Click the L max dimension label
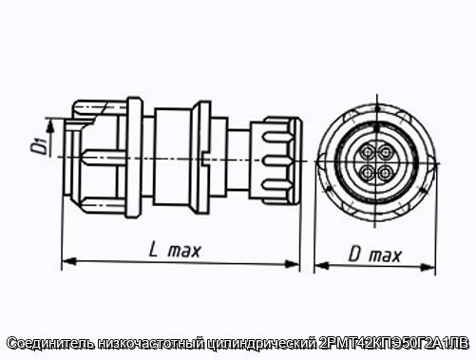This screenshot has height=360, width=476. click(x=175, y=251)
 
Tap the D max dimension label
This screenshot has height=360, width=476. click(x=375, y=255)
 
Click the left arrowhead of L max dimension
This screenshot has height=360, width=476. click(x=69, y=261)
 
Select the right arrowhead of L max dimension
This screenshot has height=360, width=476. click(x=293, y=263)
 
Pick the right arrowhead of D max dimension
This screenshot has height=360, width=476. click(x=428, y=267)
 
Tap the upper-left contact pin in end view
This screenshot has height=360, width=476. click(x=368, y=153)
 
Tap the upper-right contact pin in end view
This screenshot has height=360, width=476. click(x=386, y=154)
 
